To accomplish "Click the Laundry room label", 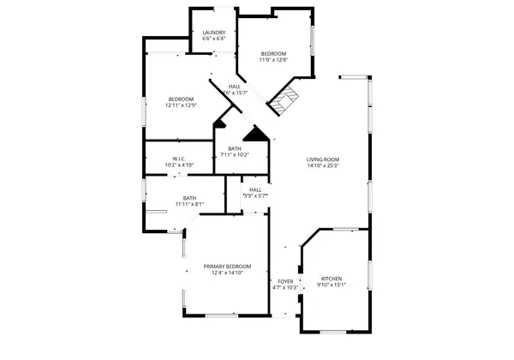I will [x=214, y=33].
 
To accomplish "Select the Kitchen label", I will [x=331, y=279].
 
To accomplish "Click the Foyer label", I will [x=285, y=281].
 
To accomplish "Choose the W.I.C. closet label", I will [x=179, y=159].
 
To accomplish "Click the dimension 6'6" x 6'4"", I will [x=214, y=39].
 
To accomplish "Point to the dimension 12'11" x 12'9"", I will [x=182, y=105].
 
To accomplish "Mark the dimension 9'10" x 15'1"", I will [x=331, y=286].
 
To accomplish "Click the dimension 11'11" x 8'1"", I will [x=189, y=205].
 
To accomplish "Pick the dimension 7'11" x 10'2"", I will [x=234, y=155].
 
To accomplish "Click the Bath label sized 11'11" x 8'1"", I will [x=189, y=198].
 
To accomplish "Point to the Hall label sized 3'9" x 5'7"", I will [x=255, y=189].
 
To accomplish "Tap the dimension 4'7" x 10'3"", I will [x=284, y=288].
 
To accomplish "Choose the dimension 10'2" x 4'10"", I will [x=179, y=165].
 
